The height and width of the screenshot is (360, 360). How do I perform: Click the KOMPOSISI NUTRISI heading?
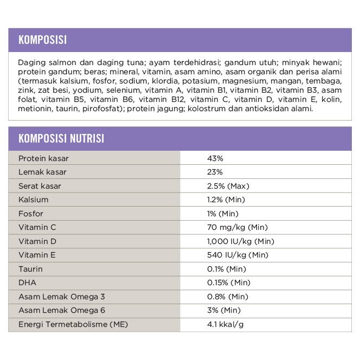coord(61,138)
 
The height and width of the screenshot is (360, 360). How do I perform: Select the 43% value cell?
coord(215,158)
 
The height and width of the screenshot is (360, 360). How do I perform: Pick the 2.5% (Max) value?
coord(228,186)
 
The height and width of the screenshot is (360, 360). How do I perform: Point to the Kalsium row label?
coord(34,200)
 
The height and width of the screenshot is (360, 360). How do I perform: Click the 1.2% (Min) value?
coord(226,200)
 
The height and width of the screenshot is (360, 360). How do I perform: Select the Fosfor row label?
coord(31,214)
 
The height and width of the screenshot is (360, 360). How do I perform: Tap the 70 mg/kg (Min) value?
coord(237,227)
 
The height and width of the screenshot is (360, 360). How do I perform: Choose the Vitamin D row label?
coord(37,241)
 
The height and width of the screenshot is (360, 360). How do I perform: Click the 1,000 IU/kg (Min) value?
coord(240,241)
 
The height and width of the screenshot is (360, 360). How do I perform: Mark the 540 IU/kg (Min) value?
coord(237,255)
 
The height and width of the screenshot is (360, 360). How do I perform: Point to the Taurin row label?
coord(30,269)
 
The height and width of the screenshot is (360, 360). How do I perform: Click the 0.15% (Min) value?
coord(228,282)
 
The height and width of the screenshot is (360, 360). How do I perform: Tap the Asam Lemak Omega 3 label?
coord(61,297)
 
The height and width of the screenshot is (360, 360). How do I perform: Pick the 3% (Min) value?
coord(224,310)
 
